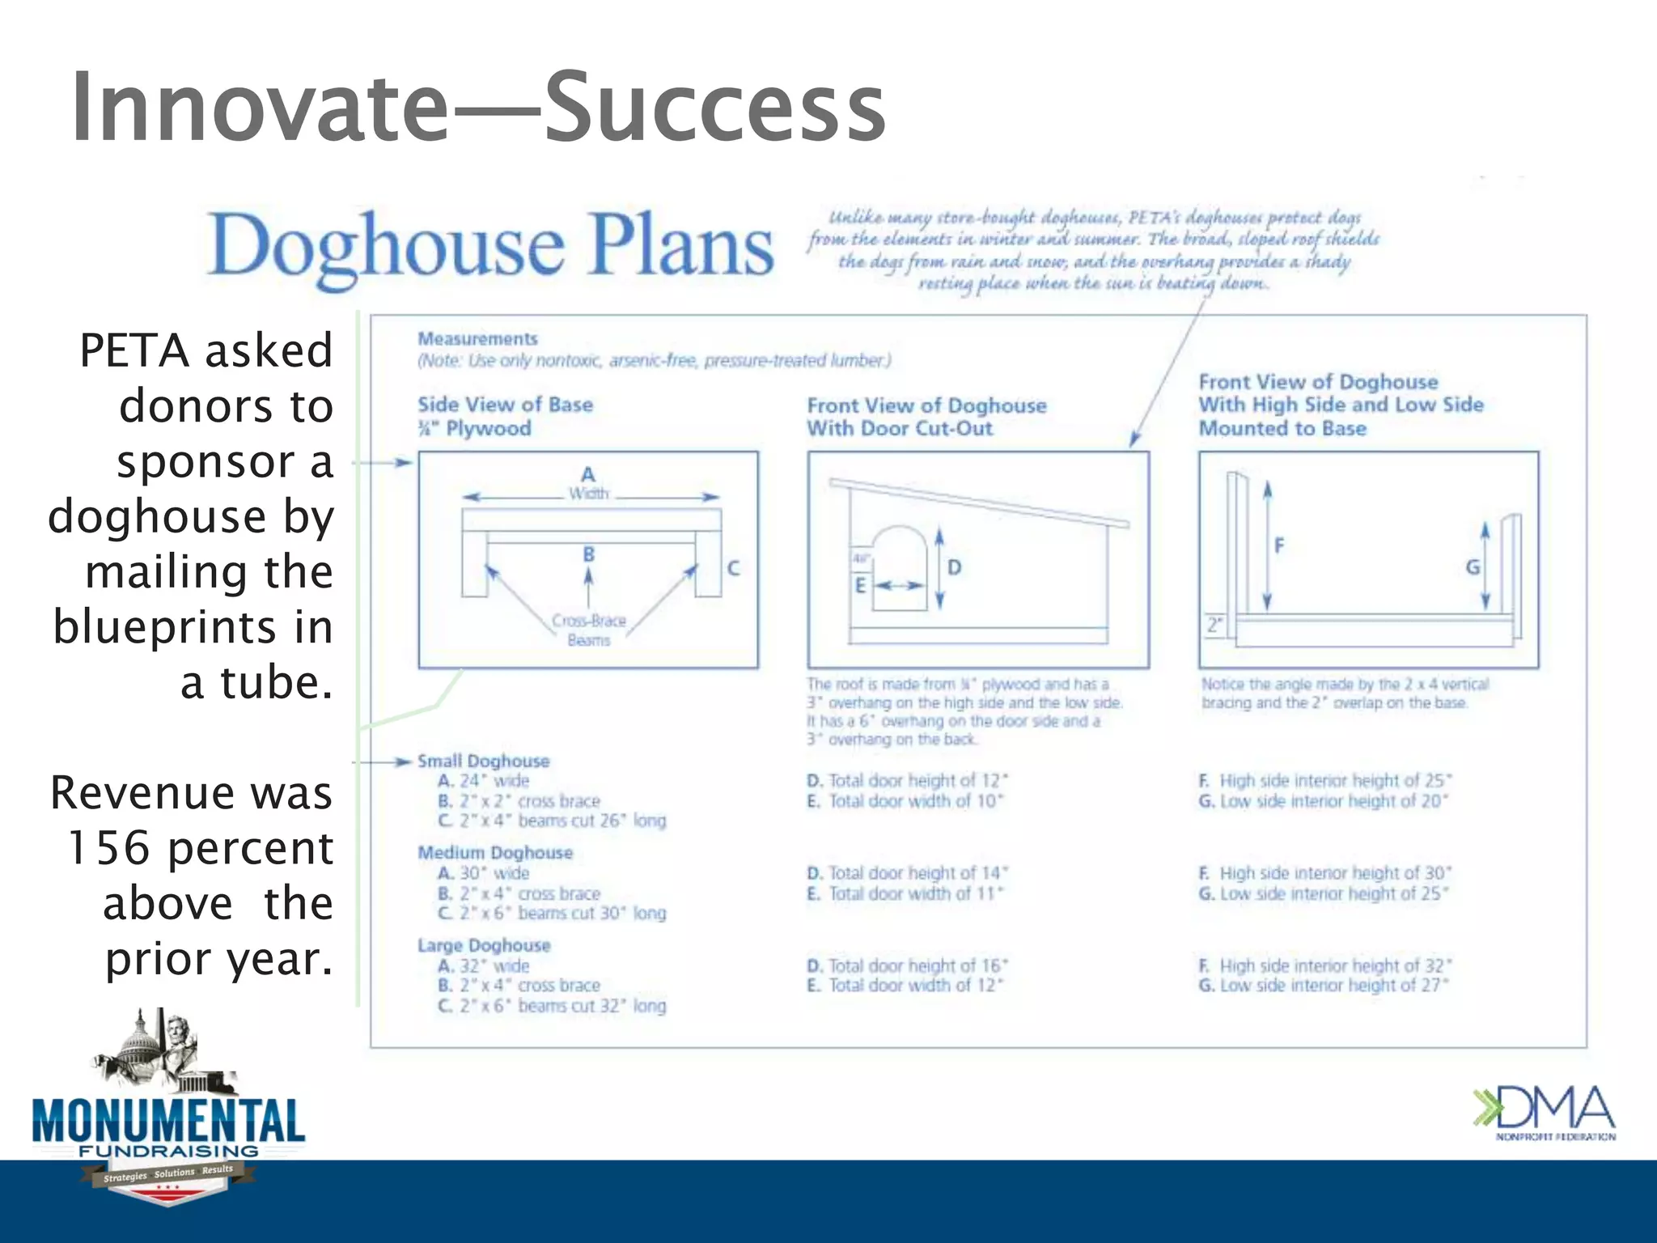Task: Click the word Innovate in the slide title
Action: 259,108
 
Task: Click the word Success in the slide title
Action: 715,108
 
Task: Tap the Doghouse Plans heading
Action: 490,245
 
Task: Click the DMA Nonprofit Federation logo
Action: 1544,1113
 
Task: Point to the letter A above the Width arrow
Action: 588,474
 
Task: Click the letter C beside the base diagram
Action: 733,568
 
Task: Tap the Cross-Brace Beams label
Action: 589,630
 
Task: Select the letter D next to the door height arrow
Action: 955,567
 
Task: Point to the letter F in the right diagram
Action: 1279,545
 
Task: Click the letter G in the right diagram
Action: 1473,567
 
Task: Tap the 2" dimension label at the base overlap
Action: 1214,626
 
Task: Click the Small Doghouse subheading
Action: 483,761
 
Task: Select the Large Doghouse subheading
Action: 484,945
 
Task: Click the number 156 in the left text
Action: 109,848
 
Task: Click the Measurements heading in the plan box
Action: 477,339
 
